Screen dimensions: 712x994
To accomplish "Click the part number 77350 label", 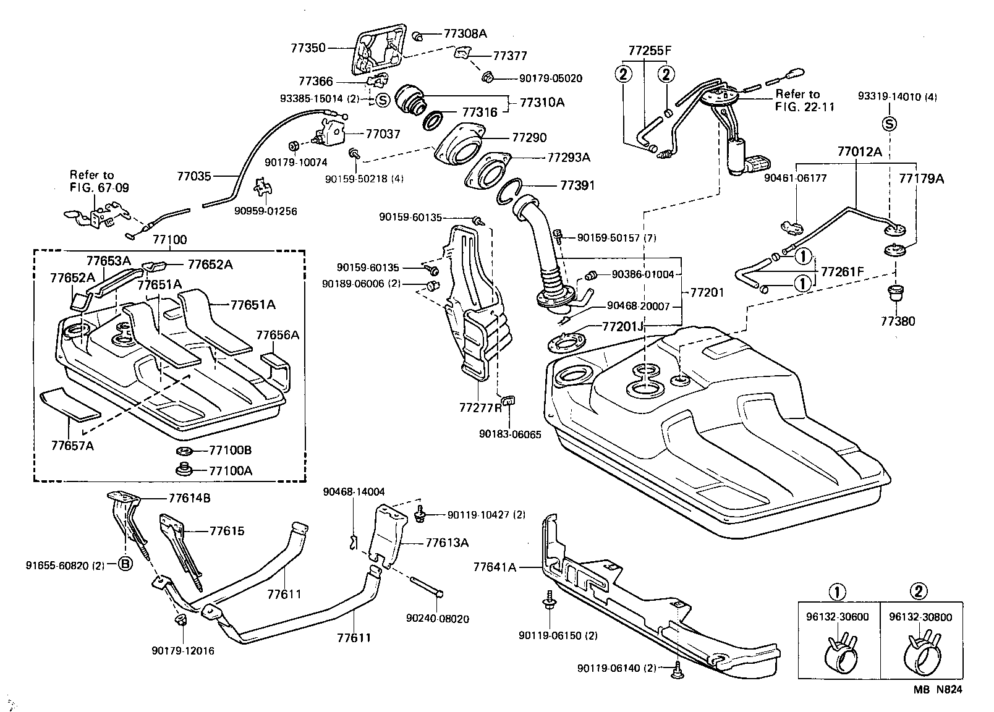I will [308, 47].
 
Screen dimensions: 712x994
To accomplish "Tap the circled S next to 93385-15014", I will [383, 99].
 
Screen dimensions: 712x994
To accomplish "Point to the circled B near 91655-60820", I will [124, 565].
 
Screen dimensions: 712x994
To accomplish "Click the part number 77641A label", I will [495, 566].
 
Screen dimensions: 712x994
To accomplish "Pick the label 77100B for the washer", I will [231, 450].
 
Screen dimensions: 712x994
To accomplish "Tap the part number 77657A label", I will [72, 445].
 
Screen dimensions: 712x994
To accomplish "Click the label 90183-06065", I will [510, 434].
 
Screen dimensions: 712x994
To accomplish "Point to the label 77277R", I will [480, 408].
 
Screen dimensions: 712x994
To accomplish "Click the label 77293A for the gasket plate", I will [569, 158].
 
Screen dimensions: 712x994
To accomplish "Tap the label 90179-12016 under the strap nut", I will [183, 651].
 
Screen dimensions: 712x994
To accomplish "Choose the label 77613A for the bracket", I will [447, 543].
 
